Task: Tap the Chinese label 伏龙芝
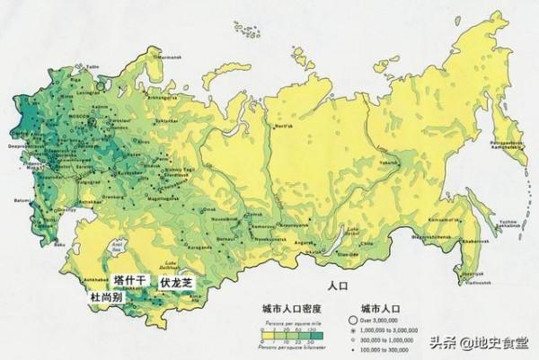point(176,282)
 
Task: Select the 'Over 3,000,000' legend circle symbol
point(354,320)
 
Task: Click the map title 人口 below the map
point(337,286)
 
